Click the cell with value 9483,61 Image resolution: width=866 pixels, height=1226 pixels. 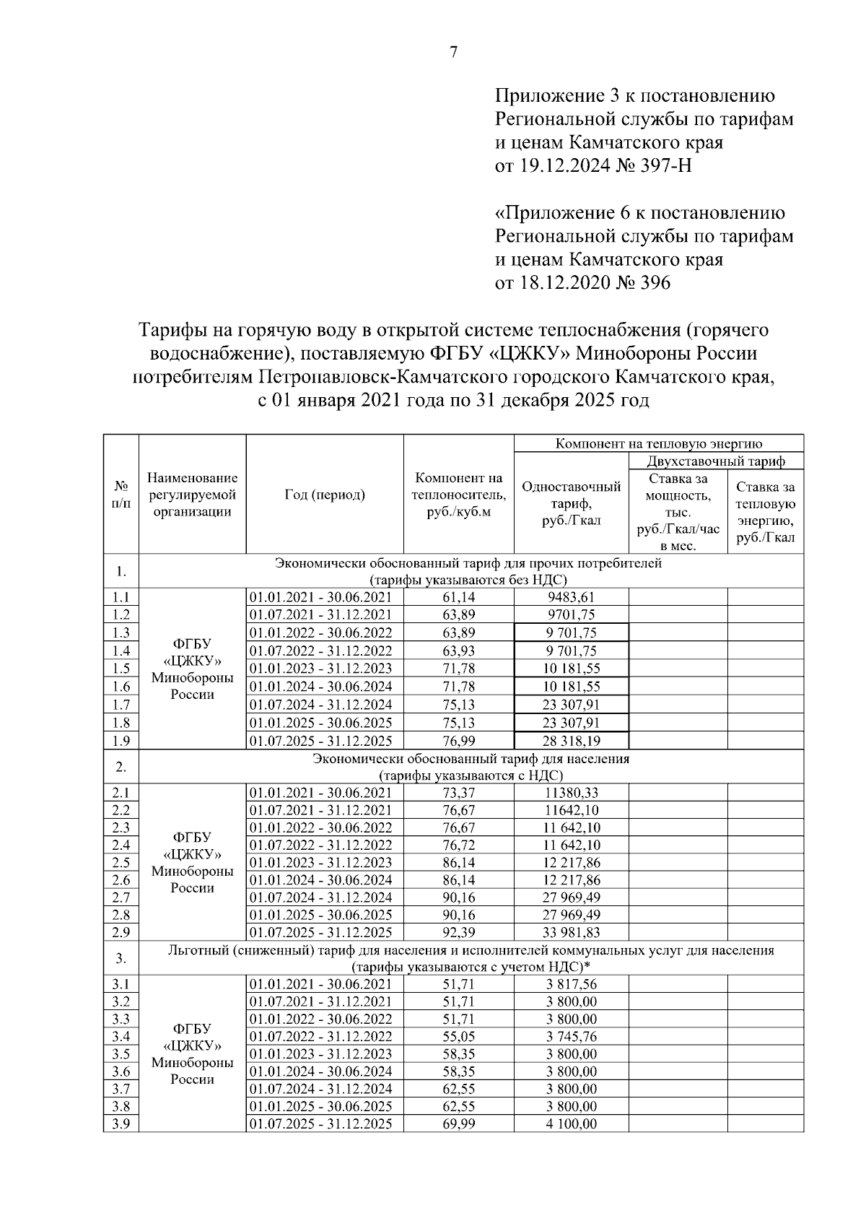point(571,596)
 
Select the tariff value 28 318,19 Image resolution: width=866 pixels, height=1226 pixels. point(571,741)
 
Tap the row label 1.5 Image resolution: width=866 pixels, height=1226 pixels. point(121,669)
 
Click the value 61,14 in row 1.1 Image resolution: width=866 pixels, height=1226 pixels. point(458,596)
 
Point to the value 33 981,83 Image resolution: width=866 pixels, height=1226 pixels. point(571,932)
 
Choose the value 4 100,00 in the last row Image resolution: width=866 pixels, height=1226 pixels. point(571,1124)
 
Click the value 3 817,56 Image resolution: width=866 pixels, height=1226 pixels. point(571,984)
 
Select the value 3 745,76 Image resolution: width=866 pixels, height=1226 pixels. point(571,1037)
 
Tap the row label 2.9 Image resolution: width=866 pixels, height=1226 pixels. point(121,932)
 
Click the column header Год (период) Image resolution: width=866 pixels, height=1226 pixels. point(324,495)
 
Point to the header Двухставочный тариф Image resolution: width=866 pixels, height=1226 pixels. point(716,461)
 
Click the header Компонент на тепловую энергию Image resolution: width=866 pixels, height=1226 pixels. point(658,443)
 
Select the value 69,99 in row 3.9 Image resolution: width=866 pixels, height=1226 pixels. point(458,1124)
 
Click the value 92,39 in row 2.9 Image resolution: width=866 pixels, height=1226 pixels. point(458,932)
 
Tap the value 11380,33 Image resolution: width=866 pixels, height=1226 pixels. point(571,793)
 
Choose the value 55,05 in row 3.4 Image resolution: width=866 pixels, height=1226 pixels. point(458,1037)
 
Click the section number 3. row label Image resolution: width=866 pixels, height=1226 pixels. point(121,958)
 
